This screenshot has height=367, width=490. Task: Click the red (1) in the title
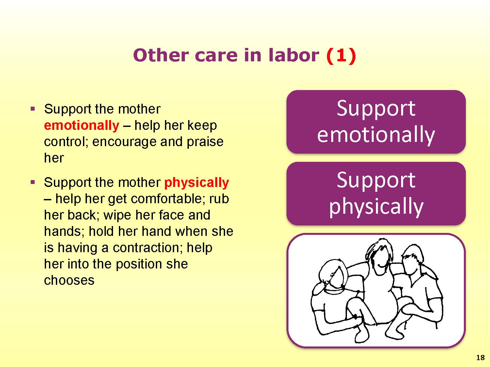click(x=341, y=55)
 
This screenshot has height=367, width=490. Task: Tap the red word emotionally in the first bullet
click(x=81, y=125)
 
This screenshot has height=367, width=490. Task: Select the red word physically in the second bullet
click(x=197, y=183)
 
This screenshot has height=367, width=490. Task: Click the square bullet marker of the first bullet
click(x=33, y=109)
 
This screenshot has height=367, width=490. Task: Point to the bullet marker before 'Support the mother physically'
click(x=33, y=182)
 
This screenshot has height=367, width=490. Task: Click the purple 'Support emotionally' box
click(x=376, y=122)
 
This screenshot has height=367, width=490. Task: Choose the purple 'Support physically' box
click(x=376, y=193)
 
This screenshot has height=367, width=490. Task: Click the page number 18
click(x=481, y=358)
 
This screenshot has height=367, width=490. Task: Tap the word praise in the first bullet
click(x=205, y=142)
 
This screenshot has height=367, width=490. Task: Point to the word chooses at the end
click(x=69, y=280)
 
